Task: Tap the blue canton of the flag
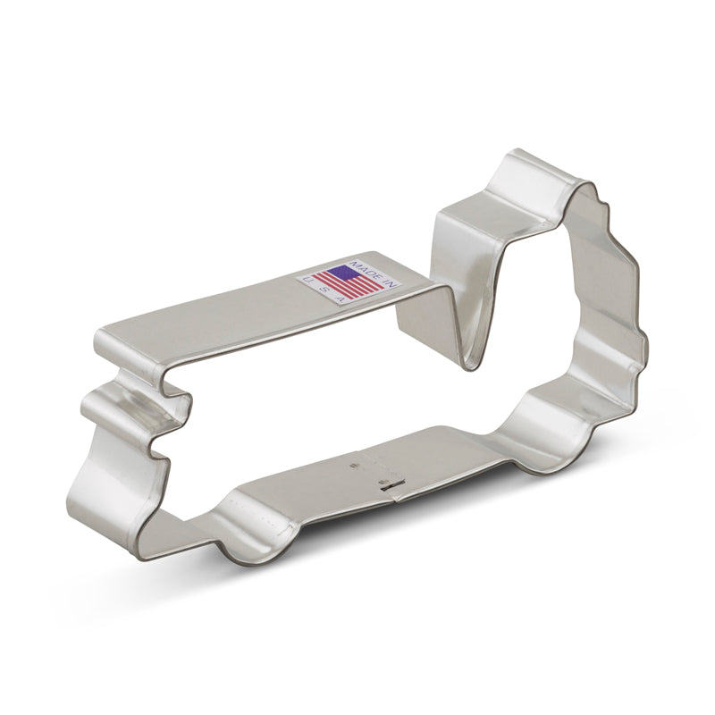[339, 273]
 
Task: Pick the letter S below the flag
[325, 289]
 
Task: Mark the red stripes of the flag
[355, 284]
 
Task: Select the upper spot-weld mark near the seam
[355, 465]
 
